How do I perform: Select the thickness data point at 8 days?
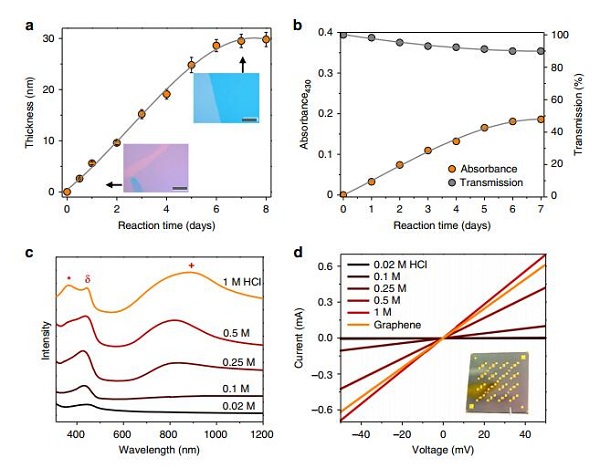pyautogui.click(x=264, y=40)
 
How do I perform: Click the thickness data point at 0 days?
pyautogui.click(x=67, y=192)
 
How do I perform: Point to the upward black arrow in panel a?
pyautogui.click(x=241, y=64)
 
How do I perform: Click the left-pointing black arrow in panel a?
pyautogui.click(x=110, y=184)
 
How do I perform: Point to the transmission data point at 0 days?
pyautogui.click(x=343, y=34)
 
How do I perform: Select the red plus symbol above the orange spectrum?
pyautogui.click(x=191, y=266)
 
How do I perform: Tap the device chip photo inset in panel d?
pyautogui.click(x=497, y=381)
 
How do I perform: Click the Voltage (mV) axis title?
pyautogui.click(x=443, y=451)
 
